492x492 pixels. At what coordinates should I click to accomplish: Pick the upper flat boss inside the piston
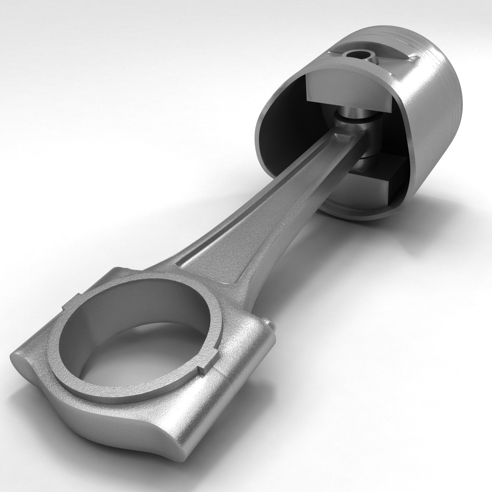(346, 91)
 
